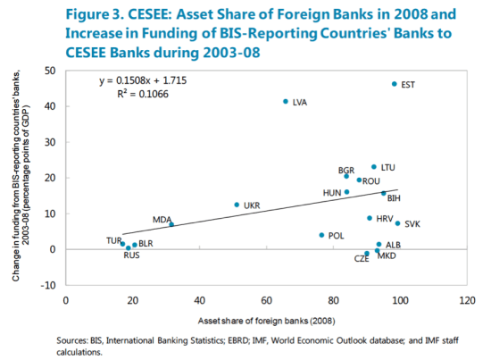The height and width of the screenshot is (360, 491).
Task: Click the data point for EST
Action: coord(394,84)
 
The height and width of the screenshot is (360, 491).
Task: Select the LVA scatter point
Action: coord(286,101)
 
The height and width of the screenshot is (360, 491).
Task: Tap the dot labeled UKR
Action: coord(237,205)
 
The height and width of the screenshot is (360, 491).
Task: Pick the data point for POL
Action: coord(321,235)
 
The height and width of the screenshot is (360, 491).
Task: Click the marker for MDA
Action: coord(171,224)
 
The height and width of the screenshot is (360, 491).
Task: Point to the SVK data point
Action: coord(398,223)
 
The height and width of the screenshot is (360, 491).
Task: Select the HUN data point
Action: coord(346,192)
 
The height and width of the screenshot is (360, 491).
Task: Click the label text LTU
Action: coord(387,167)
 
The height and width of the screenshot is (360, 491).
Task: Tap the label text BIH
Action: coord(394,198)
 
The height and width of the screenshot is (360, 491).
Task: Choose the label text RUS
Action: coord(131,256)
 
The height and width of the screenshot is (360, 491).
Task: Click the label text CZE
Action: coord(362,258)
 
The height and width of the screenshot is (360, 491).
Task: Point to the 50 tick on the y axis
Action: coord(53,71)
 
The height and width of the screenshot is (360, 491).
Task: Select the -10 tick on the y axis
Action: coord(51,285)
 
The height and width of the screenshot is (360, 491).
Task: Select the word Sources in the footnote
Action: coord(70,340)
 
